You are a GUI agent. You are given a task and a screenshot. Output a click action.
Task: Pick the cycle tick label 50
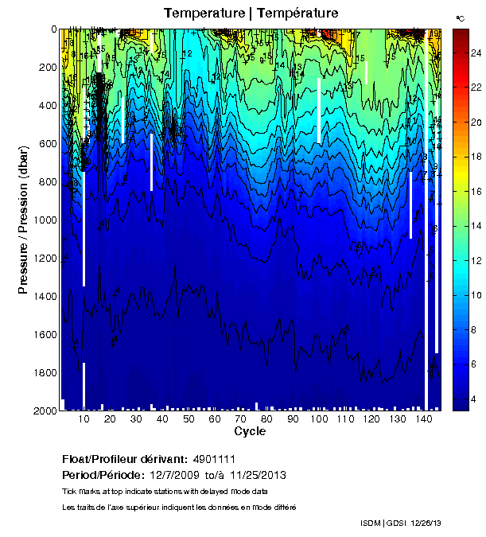point(189,419)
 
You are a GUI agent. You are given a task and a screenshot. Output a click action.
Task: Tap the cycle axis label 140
point(425,419)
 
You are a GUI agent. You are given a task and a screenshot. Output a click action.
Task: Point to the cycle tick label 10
point(84,419)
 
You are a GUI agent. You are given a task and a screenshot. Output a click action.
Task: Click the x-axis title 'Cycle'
point(250,432)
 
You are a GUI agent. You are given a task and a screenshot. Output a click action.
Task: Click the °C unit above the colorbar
point(460,18)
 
